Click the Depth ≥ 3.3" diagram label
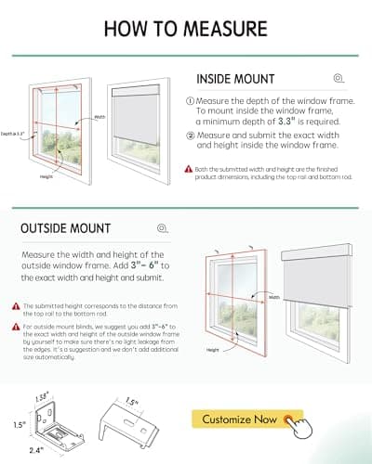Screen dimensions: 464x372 pos(15,135)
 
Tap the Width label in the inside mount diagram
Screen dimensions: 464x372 pos(100,117)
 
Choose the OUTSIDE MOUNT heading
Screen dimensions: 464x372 pos(65,227)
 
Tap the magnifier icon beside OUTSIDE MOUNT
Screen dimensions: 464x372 pos(163,227)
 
